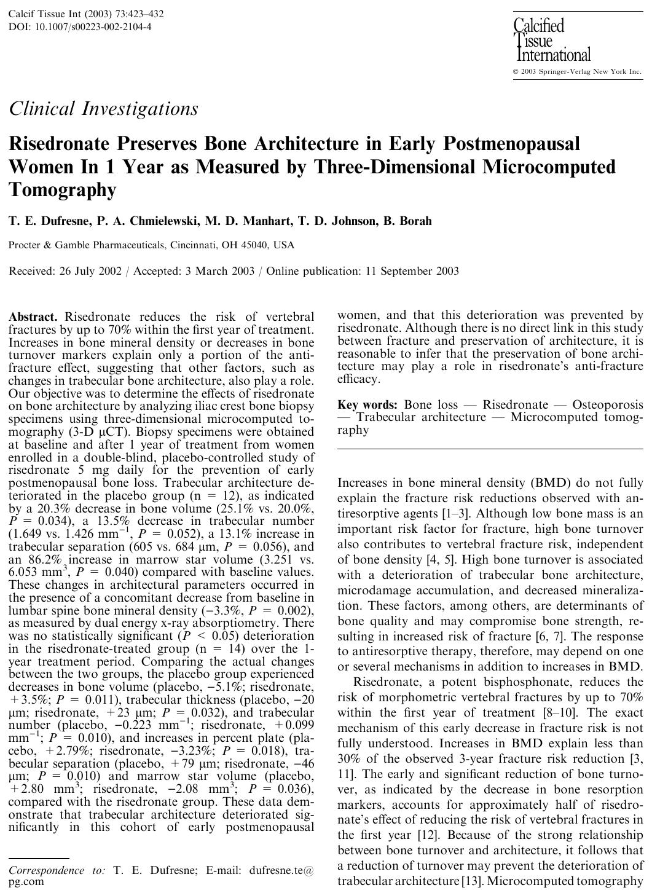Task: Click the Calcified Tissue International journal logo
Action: pos(551,41)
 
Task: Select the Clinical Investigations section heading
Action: pos(103,109)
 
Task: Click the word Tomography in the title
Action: pos(62,190)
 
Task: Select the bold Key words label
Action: pos(367,405)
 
